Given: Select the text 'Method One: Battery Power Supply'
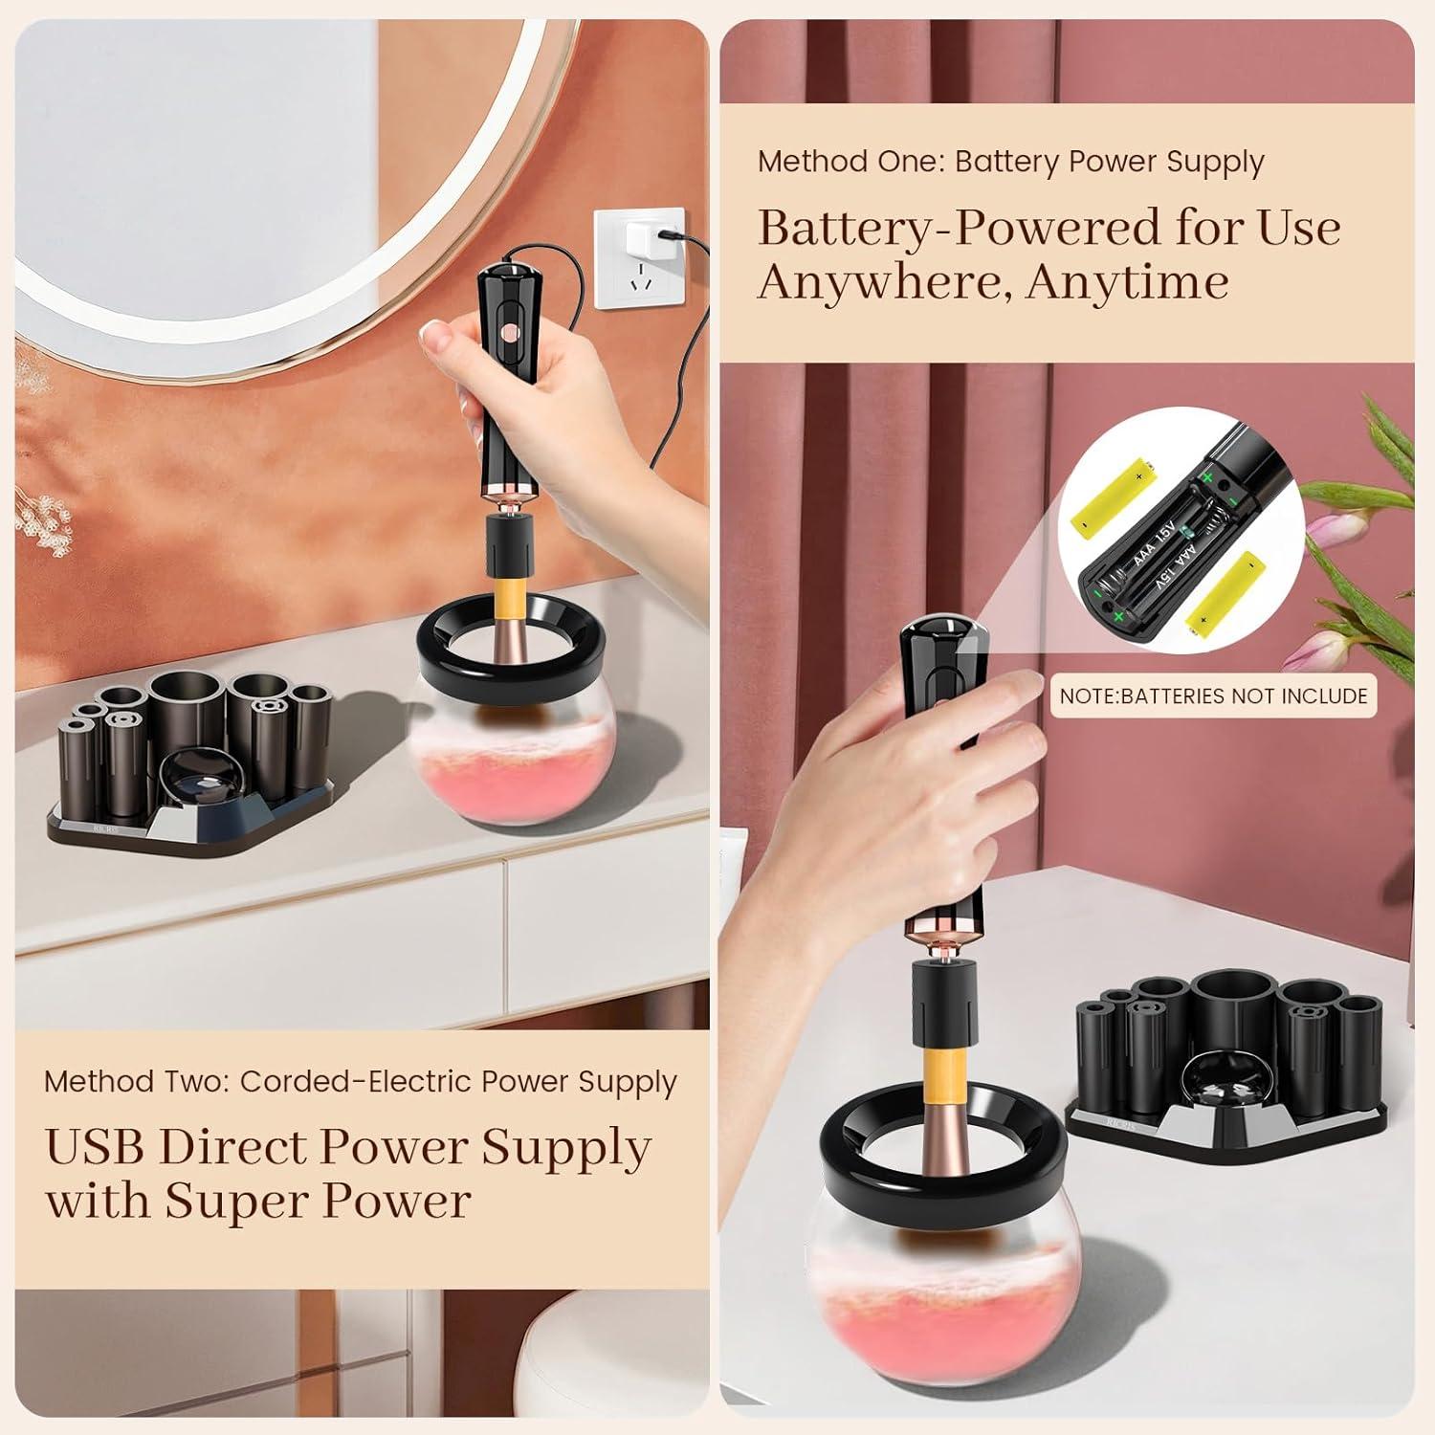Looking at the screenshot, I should pyautogui.click(x=1010, y=162).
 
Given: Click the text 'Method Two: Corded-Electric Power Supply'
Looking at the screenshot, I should pyautogui.click(x=361, y=1081).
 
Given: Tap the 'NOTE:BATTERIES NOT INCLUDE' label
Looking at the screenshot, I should pyautogui.click(x=1213, y=695).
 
